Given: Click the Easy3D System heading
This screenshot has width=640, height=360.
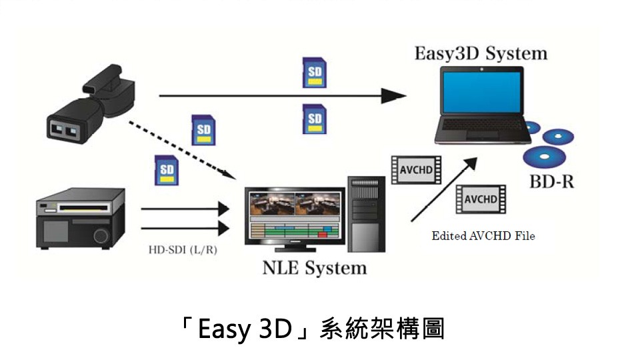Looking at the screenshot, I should [480, 53].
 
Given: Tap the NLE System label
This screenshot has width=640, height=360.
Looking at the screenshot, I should [315, 268].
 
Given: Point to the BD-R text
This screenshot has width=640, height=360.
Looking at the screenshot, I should [551, 182].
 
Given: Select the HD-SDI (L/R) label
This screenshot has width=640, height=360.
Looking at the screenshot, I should [182, 251].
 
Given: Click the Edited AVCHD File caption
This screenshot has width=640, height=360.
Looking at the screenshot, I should [483, 236].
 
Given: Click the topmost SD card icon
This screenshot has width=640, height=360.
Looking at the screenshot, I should [314, 72].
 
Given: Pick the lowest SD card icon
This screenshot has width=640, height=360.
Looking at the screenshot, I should [165, 170].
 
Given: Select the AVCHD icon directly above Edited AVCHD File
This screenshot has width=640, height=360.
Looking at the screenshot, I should [480, 199].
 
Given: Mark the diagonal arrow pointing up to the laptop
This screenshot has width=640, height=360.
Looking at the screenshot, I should [443, 189].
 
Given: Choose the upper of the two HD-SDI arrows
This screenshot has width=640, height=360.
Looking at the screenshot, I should [184, 209].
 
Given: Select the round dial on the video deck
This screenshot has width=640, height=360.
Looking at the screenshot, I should [101, 235].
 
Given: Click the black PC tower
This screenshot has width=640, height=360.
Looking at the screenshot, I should [366, 213].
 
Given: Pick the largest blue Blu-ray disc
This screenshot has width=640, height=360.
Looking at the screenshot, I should [543, 157].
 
